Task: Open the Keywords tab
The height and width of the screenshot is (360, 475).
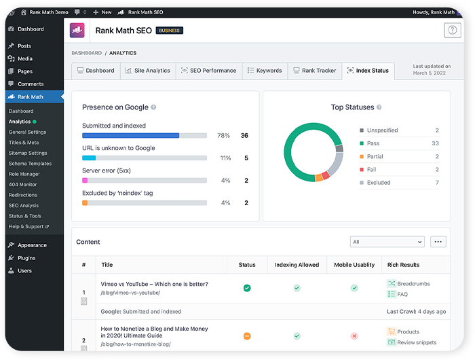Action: point(264,71)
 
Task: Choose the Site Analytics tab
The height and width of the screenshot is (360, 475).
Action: point(147,71)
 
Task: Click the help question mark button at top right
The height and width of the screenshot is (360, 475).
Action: point(452,30)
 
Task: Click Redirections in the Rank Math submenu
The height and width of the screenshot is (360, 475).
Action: point(23,195)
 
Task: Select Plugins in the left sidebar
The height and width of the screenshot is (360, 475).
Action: point(26,258)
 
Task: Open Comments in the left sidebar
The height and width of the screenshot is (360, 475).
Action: point(31,84)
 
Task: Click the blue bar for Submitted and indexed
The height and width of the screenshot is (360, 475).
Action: point(130,135)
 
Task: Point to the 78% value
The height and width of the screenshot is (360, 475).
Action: point(223,135)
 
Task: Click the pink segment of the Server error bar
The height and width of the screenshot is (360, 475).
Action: point(85,181)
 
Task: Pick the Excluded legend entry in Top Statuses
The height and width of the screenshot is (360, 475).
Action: point(378,183)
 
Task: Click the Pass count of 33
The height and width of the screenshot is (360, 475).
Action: point(435,143)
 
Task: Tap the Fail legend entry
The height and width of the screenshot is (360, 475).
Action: point(373,170)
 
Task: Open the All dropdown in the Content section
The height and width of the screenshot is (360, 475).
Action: point(387,242)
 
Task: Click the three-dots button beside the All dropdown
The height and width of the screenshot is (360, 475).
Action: point(438,242)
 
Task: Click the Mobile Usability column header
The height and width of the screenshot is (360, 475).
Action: point(354,265)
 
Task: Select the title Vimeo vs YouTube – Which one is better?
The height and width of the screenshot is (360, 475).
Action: point(155,284)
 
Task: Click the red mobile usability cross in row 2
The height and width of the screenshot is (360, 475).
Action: point(354,336)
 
